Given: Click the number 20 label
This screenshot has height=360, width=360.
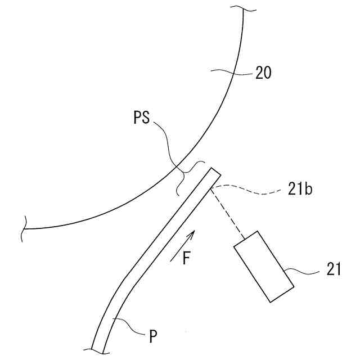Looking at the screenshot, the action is click(263, 73).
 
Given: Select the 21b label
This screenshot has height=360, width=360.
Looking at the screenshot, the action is click(300, 189).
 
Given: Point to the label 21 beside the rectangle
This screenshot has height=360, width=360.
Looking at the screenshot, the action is click(334, 270).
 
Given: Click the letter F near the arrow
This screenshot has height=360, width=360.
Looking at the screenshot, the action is click(188, 258).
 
